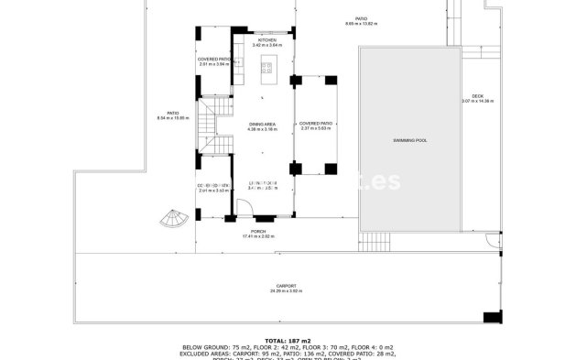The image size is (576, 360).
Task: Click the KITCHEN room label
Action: pyautogui.click(x=266, y=40)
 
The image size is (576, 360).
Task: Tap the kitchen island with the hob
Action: pyautogui.click(x=267, y=66)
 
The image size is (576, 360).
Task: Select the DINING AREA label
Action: pyautogui.click(x=262, y=125)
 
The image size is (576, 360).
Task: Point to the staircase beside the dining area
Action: pyautogui.click(x=210, y=123)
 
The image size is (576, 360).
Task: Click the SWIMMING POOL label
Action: pyautogui.click(x=409, y=140)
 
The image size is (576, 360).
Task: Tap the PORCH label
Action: pyautogui.click(x=258, y=232)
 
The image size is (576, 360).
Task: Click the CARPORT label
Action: pyautogui.click(x=284, y=287)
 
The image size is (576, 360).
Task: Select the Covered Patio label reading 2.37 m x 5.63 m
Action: pyautogui.click(x=316, y=123)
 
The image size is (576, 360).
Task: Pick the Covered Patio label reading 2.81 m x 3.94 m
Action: pyautogui.click(x=215, y=60)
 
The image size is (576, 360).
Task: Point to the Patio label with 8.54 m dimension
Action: pyautogui.click(x=171, y=114)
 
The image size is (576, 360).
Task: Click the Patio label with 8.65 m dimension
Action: pyautogui.click(x=362, y=18)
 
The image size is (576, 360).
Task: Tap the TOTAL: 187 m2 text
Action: pyautogui.click(x=288, y=340)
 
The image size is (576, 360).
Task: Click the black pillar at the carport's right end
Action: pyautogui.click(x=493, y=317)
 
